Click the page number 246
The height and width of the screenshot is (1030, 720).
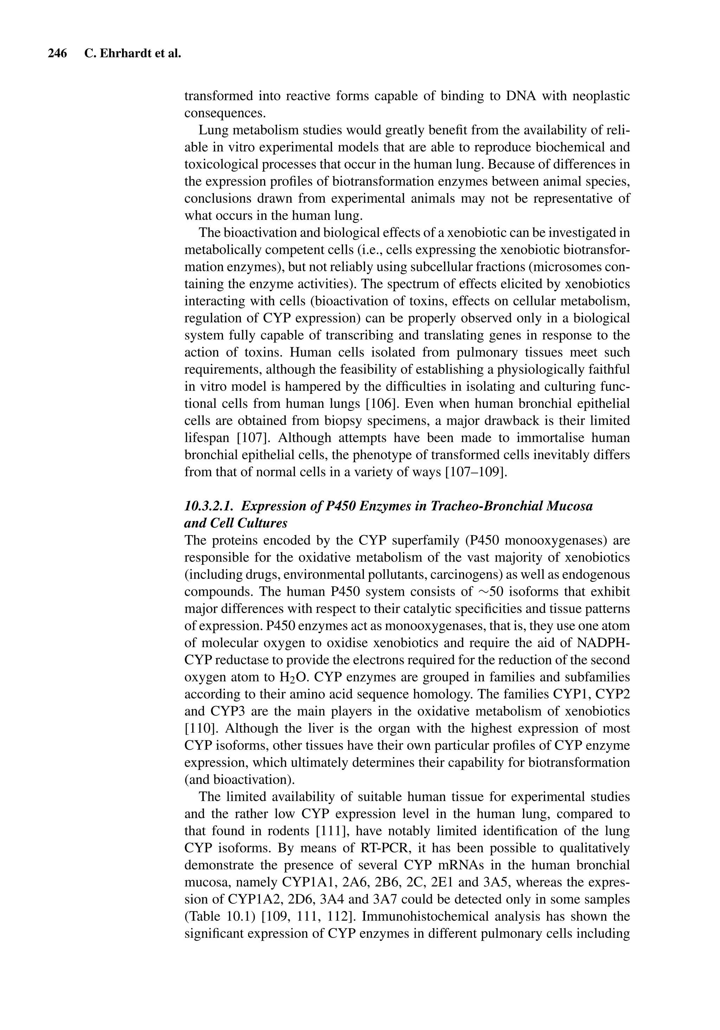tap(57, 54)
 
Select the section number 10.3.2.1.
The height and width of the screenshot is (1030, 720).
tap(208, 506)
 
